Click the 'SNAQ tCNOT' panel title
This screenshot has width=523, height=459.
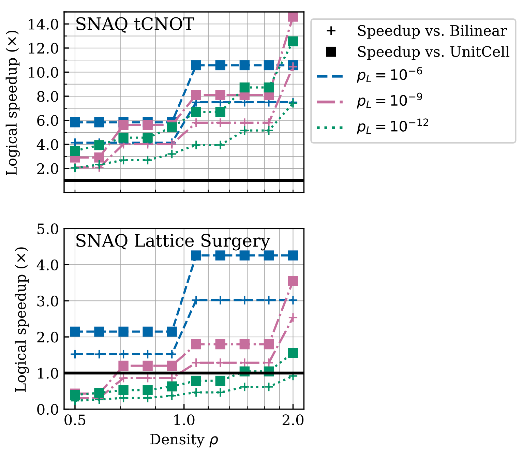[x=134, y=25]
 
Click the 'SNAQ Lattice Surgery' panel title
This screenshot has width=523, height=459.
[x=172, y=241]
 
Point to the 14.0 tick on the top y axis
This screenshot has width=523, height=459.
[x=43, y=24]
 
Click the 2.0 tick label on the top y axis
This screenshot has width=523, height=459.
[x=47, y=169]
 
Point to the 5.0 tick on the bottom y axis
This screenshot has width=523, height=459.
[x=47, y=229]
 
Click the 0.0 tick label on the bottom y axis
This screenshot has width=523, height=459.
[x=47, y=409]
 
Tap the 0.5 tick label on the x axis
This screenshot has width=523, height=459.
[x=75, y=421]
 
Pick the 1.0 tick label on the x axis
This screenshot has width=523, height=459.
[x=184, y=421]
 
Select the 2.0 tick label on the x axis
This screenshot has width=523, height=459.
[x=293, y=421]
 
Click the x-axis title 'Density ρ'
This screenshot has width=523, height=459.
[x=184, y=440]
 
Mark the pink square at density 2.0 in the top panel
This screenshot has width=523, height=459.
[x=293, y=16]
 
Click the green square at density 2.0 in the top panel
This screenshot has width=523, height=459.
[x=293, y=41]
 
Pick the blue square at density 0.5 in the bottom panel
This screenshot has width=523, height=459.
[x=75, y=331]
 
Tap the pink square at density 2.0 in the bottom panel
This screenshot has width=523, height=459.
[x=293, y=281]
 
